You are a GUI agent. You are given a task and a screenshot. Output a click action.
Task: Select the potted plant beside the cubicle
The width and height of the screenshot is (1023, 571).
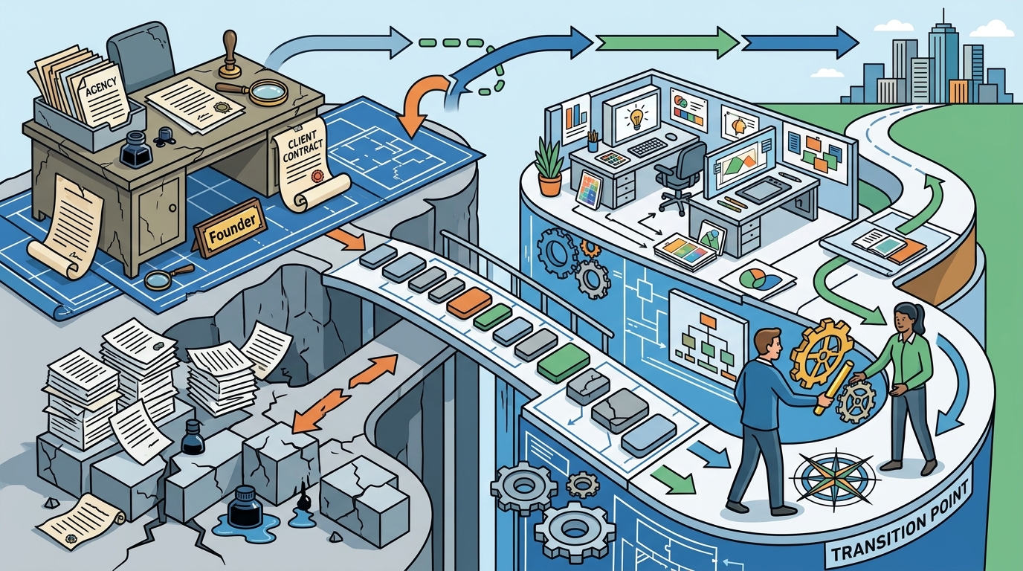pyautogui.click(x=549, y=165)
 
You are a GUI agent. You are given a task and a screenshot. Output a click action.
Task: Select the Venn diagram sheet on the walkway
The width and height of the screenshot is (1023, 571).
pyautogui.click(x=758, y=278)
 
